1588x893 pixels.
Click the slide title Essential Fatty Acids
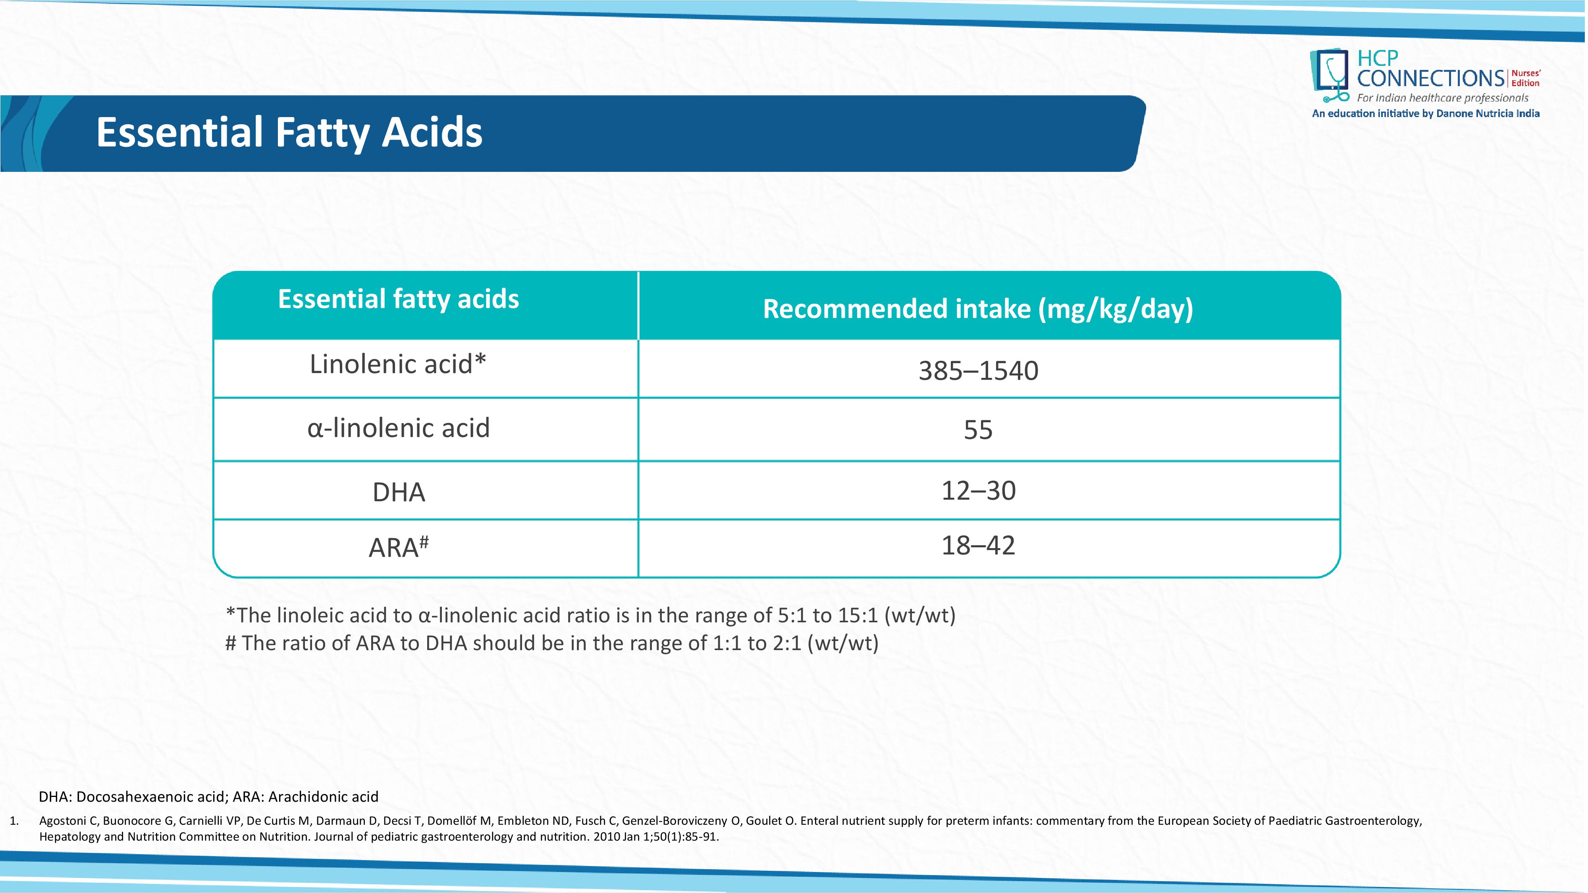[289, 133]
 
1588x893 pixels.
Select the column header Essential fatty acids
[398, 299]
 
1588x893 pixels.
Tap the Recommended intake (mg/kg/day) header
[978, 309]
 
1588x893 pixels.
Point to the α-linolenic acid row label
[398, 428]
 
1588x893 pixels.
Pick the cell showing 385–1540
[978, 370]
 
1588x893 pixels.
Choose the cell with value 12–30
[978, 491]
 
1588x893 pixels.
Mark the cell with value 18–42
[978, 545]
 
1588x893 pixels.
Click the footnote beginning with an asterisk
[591, 615]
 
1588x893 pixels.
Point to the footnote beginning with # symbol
[552, 643]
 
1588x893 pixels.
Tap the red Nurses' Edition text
[1526, 78]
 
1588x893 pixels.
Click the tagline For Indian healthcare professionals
[1443, 98]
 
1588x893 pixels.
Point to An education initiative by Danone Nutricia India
[1426, 114]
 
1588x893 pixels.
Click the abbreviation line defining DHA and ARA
[208, 797]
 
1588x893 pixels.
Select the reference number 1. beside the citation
[14, 821]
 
